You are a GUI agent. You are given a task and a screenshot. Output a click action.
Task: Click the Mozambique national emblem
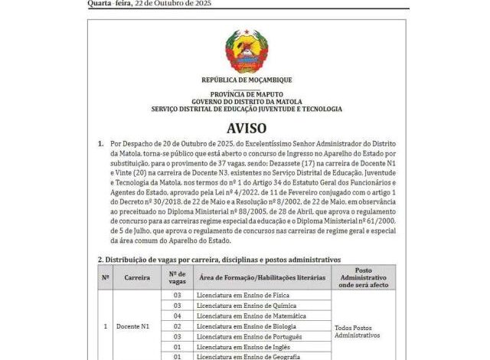click(x=246, y=51)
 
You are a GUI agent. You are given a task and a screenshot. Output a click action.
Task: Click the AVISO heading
click(x=246, y=127)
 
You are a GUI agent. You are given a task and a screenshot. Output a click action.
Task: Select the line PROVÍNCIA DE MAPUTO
click(x=246, y=93)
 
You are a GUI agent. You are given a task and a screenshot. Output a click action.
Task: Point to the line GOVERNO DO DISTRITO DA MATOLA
click(x=246, y=100)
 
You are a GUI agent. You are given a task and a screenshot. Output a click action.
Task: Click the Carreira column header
click(x=137, y=277)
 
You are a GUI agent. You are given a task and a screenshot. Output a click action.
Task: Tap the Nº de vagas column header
click(x=177, y=277)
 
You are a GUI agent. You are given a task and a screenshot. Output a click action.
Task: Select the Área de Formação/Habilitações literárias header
click(x=261, y=277)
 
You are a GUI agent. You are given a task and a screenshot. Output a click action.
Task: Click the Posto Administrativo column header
click(x=364, y=277)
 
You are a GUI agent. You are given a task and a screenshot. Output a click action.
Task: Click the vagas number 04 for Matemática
click(x=177, y=316)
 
